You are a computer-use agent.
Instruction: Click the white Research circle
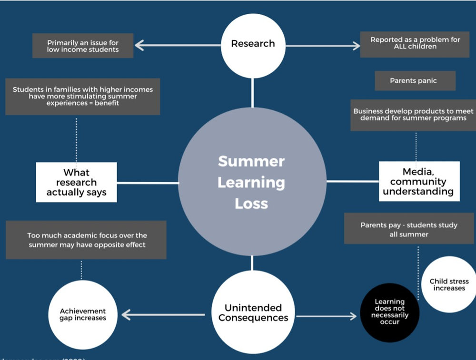pyautogui.click(x=253, y=44)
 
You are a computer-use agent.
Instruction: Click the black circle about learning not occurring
pyautogui.click(x=390, y=312)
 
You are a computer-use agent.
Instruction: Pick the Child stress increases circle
pyautogui.click(x=449, y=284)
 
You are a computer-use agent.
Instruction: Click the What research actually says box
pyautogui.click(x=76, y=182)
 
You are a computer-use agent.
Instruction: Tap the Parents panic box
pyautogui.click(x=415, y=81)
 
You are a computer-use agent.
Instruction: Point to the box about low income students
pyautogui.click(x=83, y=46)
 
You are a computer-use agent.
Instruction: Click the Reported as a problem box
pyautogui.click(x=415, y=43)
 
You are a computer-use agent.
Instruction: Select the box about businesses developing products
pyautogui.click(x=413, y=115)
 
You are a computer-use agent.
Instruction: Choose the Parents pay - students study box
pyautogui.click(x=408, y=229)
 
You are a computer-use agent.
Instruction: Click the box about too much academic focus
pyautogui.click(x=87, y=240)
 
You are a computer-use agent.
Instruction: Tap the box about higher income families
pyautogui.click(x=82, y=97)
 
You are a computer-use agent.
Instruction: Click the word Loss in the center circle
pyautogui.click(x=251, y=204)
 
